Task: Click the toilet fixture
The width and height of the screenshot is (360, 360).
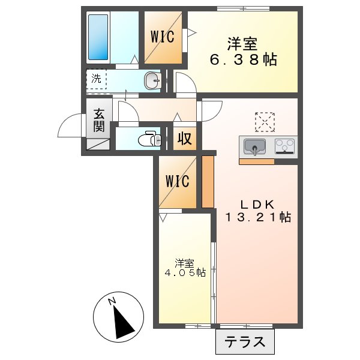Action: pyautogui.click(x=148, y=140)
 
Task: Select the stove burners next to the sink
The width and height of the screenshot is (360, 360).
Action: pyautogui.click(x=286, y=146)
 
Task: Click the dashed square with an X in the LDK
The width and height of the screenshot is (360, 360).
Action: pyautogui.click(x=264, y=121)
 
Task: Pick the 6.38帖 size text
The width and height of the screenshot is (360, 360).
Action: pyautogui.click(x=243, y=60)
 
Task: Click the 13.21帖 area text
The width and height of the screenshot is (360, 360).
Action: pyautogui.click(x=258, y=217)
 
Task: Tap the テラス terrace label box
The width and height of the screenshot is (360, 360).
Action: pyautogui.click(x=245, y=343)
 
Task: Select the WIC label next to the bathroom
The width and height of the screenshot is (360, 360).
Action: pyautogui.click(x=162, y=37)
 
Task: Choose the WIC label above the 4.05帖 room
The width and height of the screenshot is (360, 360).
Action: pyautogui.click(x=178, y=181)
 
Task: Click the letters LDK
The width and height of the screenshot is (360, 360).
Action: pyautogui.click(x=258, y=203)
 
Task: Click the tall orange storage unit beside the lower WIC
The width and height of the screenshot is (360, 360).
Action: pyautogui.click(x=208, y=182)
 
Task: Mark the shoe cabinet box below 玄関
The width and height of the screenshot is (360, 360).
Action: pyautogui.click(x=98, y=144)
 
